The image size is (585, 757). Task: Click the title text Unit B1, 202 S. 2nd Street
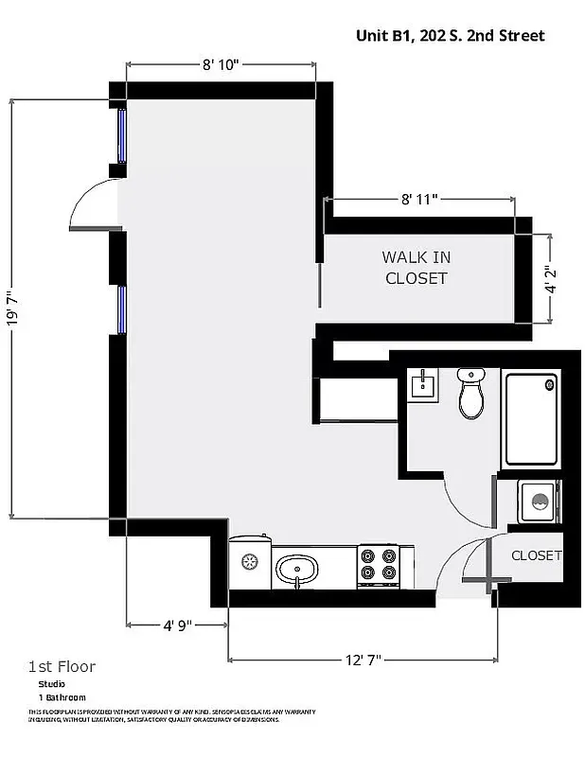coord(450,36)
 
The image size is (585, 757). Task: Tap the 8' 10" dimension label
coord(221,64)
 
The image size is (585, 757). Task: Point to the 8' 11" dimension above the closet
coord(419,200)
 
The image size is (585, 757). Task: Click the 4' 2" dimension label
coord(550,278)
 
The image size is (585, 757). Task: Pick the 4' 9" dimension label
coord(177,625)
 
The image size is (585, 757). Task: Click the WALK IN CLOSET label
coord(416,268)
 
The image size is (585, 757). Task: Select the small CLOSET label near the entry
coord(537,555)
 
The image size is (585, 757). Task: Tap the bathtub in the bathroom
coord(530,420)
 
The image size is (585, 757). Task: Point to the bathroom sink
coord(422,385)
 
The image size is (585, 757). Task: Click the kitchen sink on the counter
coord(297,570)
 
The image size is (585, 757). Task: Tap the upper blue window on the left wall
coord(121,135)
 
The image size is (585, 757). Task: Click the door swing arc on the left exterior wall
coord(92,203)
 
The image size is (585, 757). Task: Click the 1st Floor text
coord(62,666)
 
